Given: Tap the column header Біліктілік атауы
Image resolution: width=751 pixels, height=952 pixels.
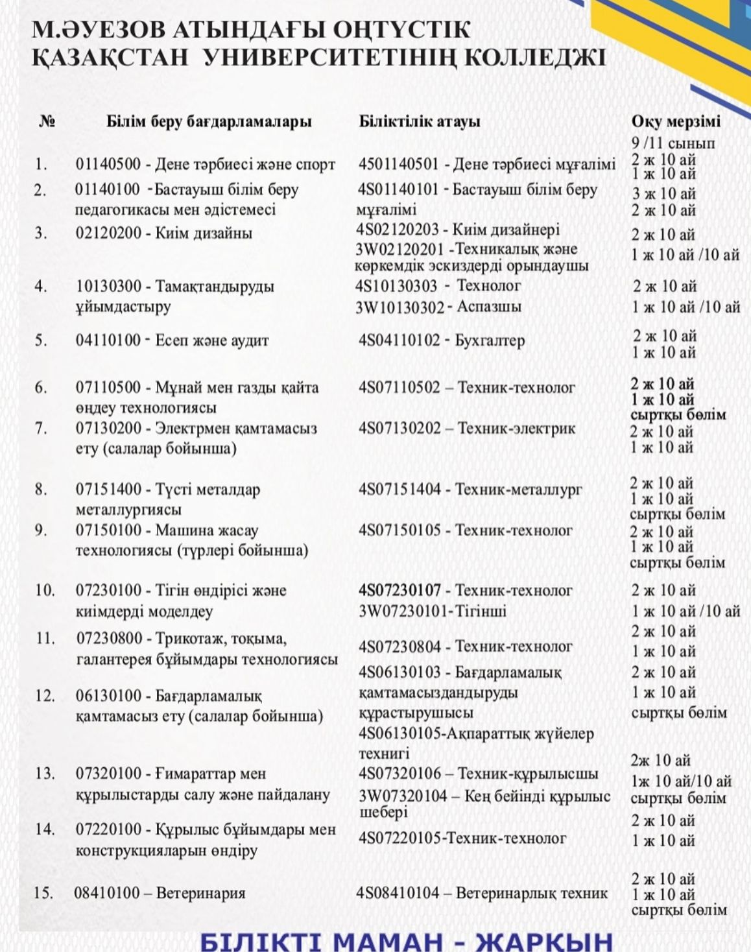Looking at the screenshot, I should (x=420, y=121).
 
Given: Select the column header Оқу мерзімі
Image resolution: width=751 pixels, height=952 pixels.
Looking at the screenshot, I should (x=676, y=121).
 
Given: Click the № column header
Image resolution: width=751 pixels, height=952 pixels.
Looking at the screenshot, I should (x=47, y=121).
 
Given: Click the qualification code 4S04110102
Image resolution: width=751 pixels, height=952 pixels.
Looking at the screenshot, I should (x=399, y=340).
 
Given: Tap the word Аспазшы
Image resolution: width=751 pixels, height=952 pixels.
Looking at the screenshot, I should (x=489, y=307).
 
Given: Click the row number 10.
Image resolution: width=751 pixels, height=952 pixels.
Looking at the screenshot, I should (x=44, y=590).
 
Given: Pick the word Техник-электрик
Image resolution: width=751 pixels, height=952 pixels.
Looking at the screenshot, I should (x=517, y=429).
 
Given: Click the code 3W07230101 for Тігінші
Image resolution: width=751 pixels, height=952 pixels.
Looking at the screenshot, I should (x=400, y=611).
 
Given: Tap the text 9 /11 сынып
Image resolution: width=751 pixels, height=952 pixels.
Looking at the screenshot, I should (x=673, y=143).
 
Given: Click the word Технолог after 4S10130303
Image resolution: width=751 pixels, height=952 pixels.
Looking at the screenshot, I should (x=489, y=285).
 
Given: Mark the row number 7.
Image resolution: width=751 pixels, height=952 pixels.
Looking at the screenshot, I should (x=41, y=429).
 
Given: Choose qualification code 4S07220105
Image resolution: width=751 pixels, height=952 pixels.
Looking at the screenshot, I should (x=399, y=838).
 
